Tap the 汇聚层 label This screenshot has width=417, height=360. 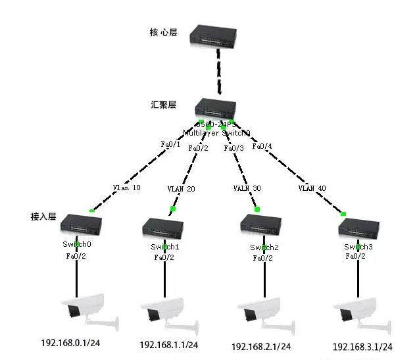pyautogui.click(x=164, y=105)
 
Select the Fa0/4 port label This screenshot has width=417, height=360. pyautogui.click(x=262, y=145)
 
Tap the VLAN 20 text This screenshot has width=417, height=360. pyautogui.click(x=181, y=188)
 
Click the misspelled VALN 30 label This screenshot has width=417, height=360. pyautogui.click(x=247, y=188)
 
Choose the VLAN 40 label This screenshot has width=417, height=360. pyautogui.click(x=312, y=188)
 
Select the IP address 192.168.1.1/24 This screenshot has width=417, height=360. pyautogui.click(x=169, y=345)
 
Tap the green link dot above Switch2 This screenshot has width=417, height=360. pyautogui.click(x=257, y=209)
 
